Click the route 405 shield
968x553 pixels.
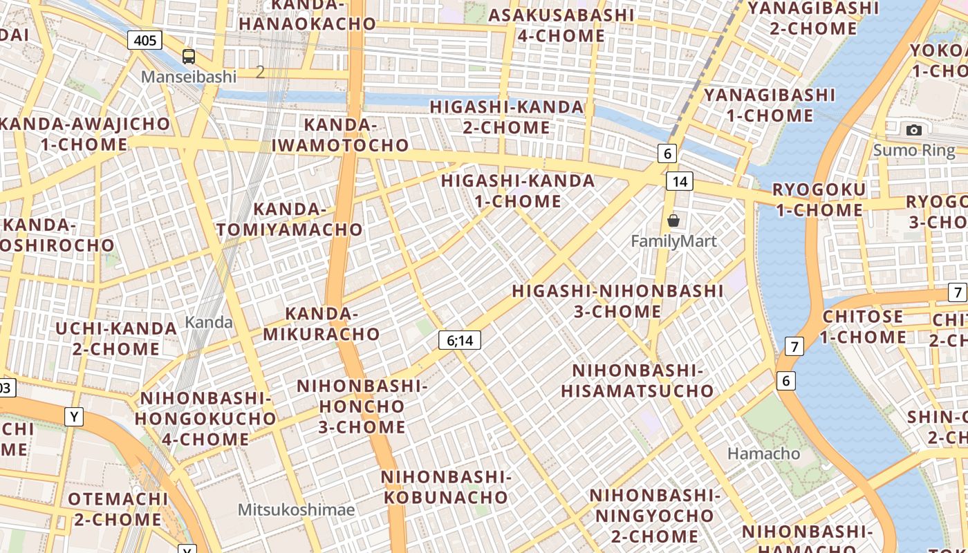(145, 40)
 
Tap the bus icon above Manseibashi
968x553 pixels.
(189, 57)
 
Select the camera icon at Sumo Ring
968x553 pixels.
(914, 130)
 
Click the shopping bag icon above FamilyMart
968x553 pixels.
(673, 221)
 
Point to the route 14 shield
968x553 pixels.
(680, 181)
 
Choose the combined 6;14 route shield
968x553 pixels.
(460, 340)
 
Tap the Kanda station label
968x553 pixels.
(209, 322)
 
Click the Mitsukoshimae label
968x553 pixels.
(296, 510)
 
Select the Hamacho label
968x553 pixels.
(764, 453)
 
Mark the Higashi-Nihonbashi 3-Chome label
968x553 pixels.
(617, 301)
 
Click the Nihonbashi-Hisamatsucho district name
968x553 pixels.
(637, 381)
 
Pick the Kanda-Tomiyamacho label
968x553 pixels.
(290, 219)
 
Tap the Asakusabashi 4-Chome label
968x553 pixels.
(561, 26)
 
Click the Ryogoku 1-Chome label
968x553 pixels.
(819, 200)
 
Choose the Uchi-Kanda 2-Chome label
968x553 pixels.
(116, 338)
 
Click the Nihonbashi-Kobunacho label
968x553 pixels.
(446, 487)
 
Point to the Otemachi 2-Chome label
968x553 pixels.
(118, 509)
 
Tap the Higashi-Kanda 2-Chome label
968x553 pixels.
(507, 118)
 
